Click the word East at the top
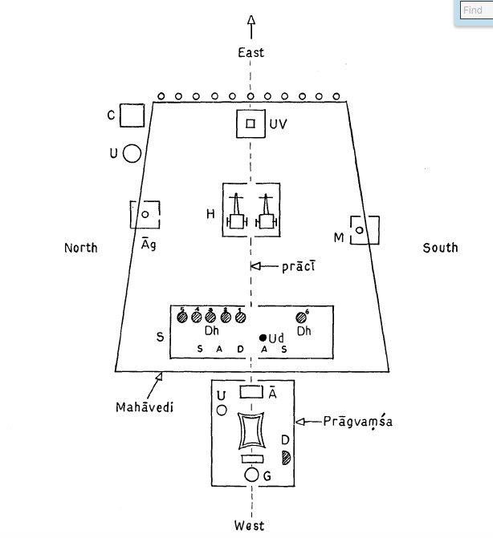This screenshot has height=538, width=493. point(251,53)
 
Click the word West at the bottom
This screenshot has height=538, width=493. point(250,526)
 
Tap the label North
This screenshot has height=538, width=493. point(80,248)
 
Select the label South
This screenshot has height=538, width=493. point(440,248)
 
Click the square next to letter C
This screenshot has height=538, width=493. point(132,115)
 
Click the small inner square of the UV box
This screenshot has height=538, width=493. point(251,123)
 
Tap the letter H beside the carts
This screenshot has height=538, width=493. point(210,215)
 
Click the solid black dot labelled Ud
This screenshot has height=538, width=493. point(263,338)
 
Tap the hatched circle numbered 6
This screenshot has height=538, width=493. point(302,318)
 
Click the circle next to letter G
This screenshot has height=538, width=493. point(251,475)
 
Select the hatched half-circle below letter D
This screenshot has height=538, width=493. point(286,457)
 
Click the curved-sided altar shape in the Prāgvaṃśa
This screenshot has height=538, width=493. point(251,432)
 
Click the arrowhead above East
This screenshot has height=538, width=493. point(251,21)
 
